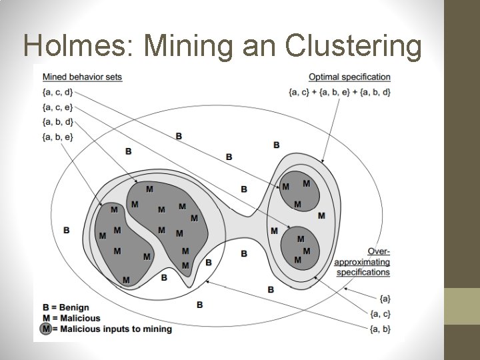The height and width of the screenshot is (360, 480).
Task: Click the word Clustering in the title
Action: coord(353,45)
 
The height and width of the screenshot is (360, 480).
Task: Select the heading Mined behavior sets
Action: coord(82,77)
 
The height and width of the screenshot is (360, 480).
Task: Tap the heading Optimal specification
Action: coord(349,77)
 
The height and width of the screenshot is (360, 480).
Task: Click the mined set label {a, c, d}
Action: coord(57,91)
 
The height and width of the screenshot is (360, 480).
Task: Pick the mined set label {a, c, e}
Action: coord(57,107)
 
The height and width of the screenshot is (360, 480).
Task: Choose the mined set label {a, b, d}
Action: coord(57,121)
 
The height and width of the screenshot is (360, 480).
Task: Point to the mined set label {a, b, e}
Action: coord(57,137)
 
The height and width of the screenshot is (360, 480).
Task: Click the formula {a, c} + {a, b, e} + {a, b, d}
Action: coord(339,91)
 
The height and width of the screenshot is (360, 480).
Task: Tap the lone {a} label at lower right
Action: coord(385,298)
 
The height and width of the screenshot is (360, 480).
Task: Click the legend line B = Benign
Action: coord(65,308)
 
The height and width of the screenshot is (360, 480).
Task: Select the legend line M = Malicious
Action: coord(71,318)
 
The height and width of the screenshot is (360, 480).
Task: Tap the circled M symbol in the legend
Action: coord(46,329)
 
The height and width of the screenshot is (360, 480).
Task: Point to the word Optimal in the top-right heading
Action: coord(323,77)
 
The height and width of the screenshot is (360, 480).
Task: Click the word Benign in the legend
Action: coord(74,308)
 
